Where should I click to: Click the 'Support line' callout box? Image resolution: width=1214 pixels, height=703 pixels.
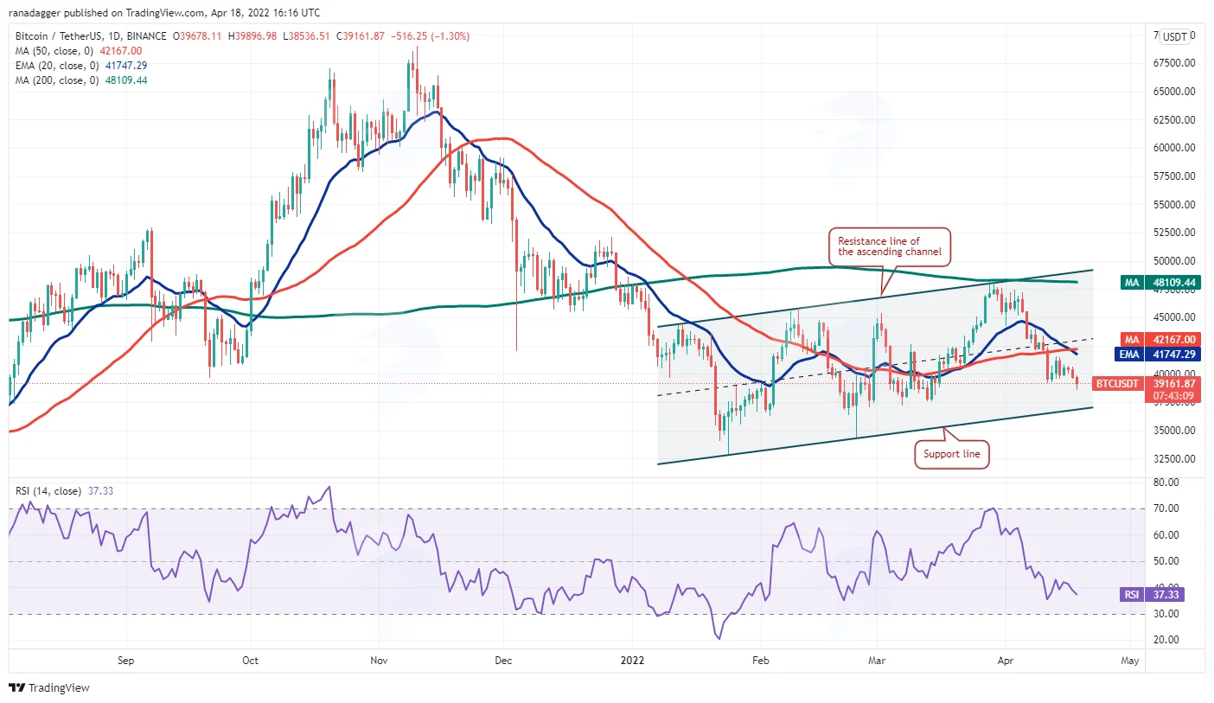(x=952, y=454)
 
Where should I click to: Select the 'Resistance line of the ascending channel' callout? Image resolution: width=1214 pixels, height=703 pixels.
(x=890, y=246)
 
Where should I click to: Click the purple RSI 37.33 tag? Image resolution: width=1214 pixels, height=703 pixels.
(x=1152, y=595)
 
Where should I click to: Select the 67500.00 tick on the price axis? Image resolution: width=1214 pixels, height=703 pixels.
(x=1174, y=63)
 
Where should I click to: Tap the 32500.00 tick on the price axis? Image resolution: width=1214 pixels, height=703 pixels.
(x=1174, y=458)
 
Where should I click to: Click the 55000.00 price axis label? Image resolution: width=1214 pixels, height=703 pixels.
(x=1174, y=204)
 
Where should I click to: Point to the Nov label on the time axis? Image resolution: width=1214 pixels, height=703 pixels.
(x=379, y=661)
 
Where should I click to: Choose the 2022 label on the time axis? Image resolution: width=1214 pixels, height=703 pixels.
(x=632, y=661)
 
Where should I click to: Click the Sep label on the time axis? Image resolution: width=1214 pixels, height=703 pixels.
(x=125, y=661)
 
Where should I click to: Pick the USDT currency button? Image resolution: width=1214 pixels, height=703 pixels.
(x=1175, y=37)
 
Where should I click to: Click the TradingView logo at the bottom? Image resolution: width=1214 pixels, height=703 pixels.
(x=49, y=687)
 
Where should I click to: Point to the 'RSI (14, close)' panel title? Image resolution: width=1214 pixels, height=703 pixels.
(x=48, y=491)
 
